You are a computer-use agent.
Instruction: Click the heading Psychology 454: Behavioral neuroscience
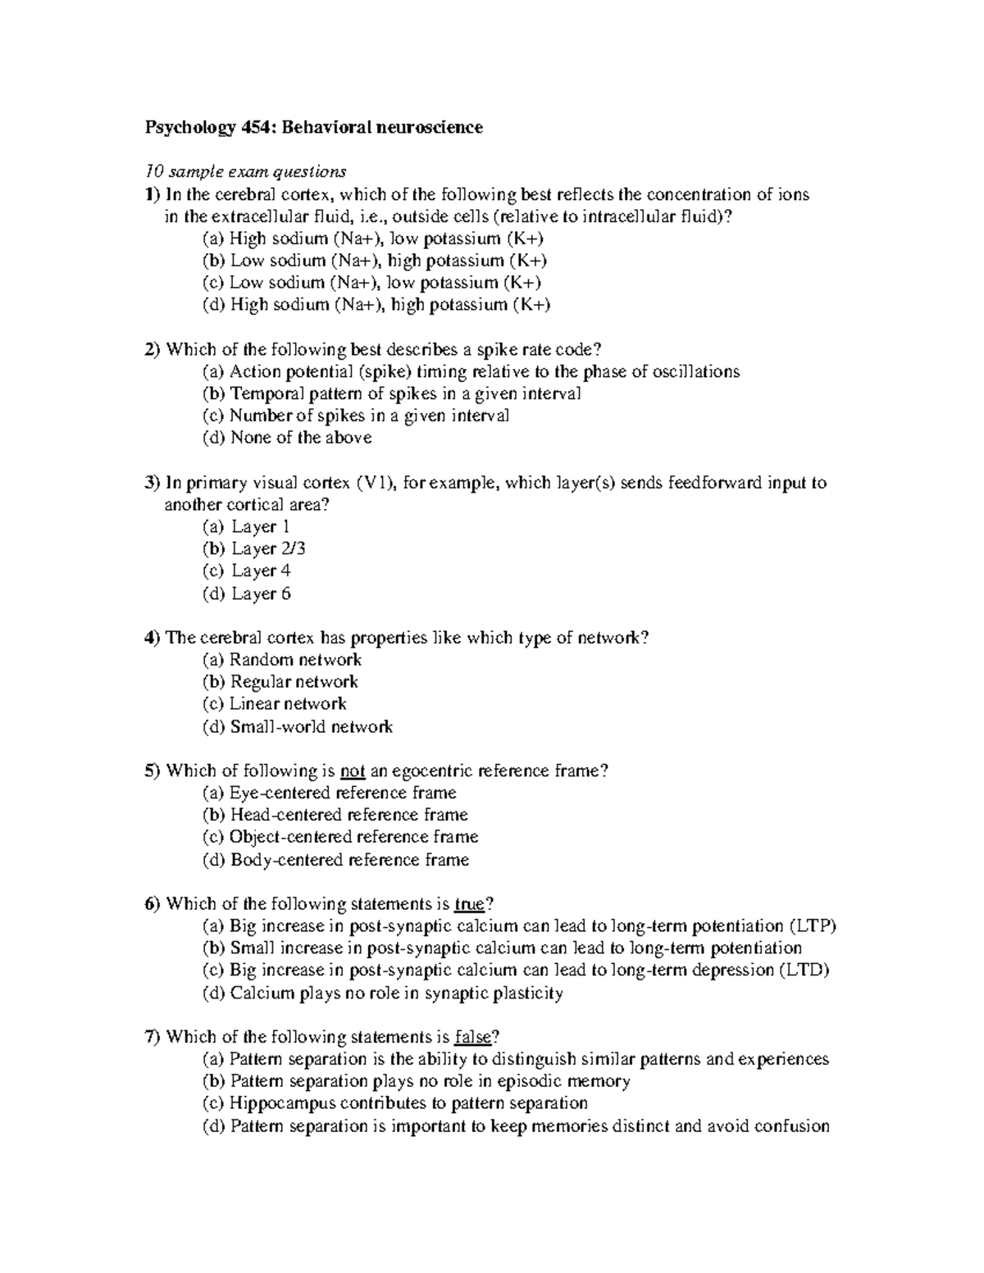(313, 127)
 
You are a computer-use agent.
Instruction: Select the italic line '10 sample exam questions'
(245, 172)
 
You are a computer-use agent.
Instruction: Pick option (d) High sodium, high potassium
(376, 305)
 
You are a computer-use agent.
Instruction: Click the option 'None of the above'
(287, 438)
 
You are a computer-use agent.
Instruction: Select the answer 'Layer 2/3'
(254, 548)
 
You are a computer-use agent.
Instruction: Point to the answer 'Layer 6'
(247, 593)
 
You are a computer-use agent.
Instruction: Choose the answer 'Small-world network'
(298, 726)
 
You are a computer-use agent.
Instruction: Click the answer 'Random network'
(282, 660)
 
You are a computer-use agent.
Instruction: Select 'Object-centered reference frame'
(340, 837)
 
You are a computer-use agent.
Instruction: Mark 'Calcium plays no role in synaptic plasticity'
(383, 993)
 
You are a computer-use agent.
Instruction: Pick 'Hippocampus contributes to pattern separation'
(395, 1103)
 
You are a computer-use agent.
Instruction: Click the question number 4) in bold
(153, 638)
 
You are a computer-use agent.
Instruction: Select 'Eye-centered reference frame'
(330, 793)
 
